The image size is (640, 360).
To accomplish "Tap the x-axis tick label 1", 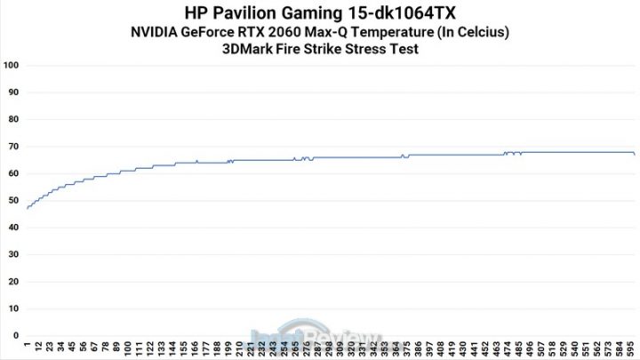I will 28,345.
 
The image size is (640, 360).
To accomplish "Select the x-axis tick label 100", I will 129,348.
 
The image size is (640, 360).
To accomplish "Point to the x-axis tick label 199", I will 229,348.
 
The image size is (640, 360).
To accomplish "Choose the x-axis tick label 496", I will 530,348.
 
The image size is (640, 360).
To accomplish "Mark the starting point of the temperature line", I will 28,208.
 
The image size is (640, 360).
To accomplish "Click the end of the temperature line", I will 634,154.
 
